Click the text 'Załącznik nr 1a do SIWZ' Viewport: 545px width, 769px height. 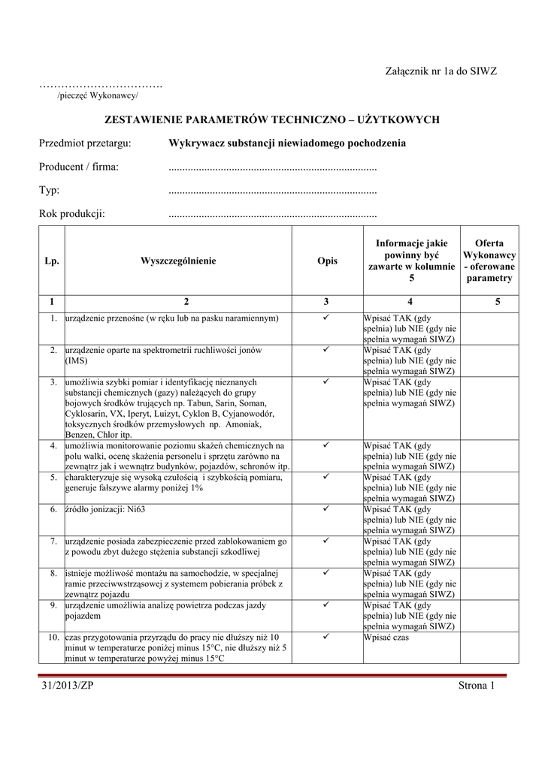443,71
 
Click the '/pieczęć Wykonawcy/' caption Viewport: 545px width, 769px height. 98,96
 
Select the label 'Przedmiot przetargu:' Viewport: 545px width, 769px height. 86,143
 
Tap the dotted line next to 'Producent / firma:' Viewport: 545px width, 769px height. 272,167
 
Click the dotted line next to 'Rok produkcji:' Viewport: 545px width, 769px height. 272,215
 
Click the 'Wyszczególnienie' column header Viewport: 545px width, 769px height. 178,261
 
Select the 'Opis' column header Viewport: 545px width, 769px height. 327,261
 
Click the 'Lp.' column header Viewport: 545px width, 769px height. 51,261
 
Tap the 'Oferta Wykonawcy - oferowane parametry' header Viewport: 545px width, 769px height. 489,261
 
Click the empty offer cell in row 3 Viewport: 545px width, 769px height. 489,408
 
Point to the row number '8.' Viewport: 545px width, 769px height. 54,573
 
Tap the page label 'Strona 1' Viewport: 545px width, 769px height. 477,685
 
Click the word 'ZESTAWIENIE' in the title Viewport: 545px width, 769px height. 145,119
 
